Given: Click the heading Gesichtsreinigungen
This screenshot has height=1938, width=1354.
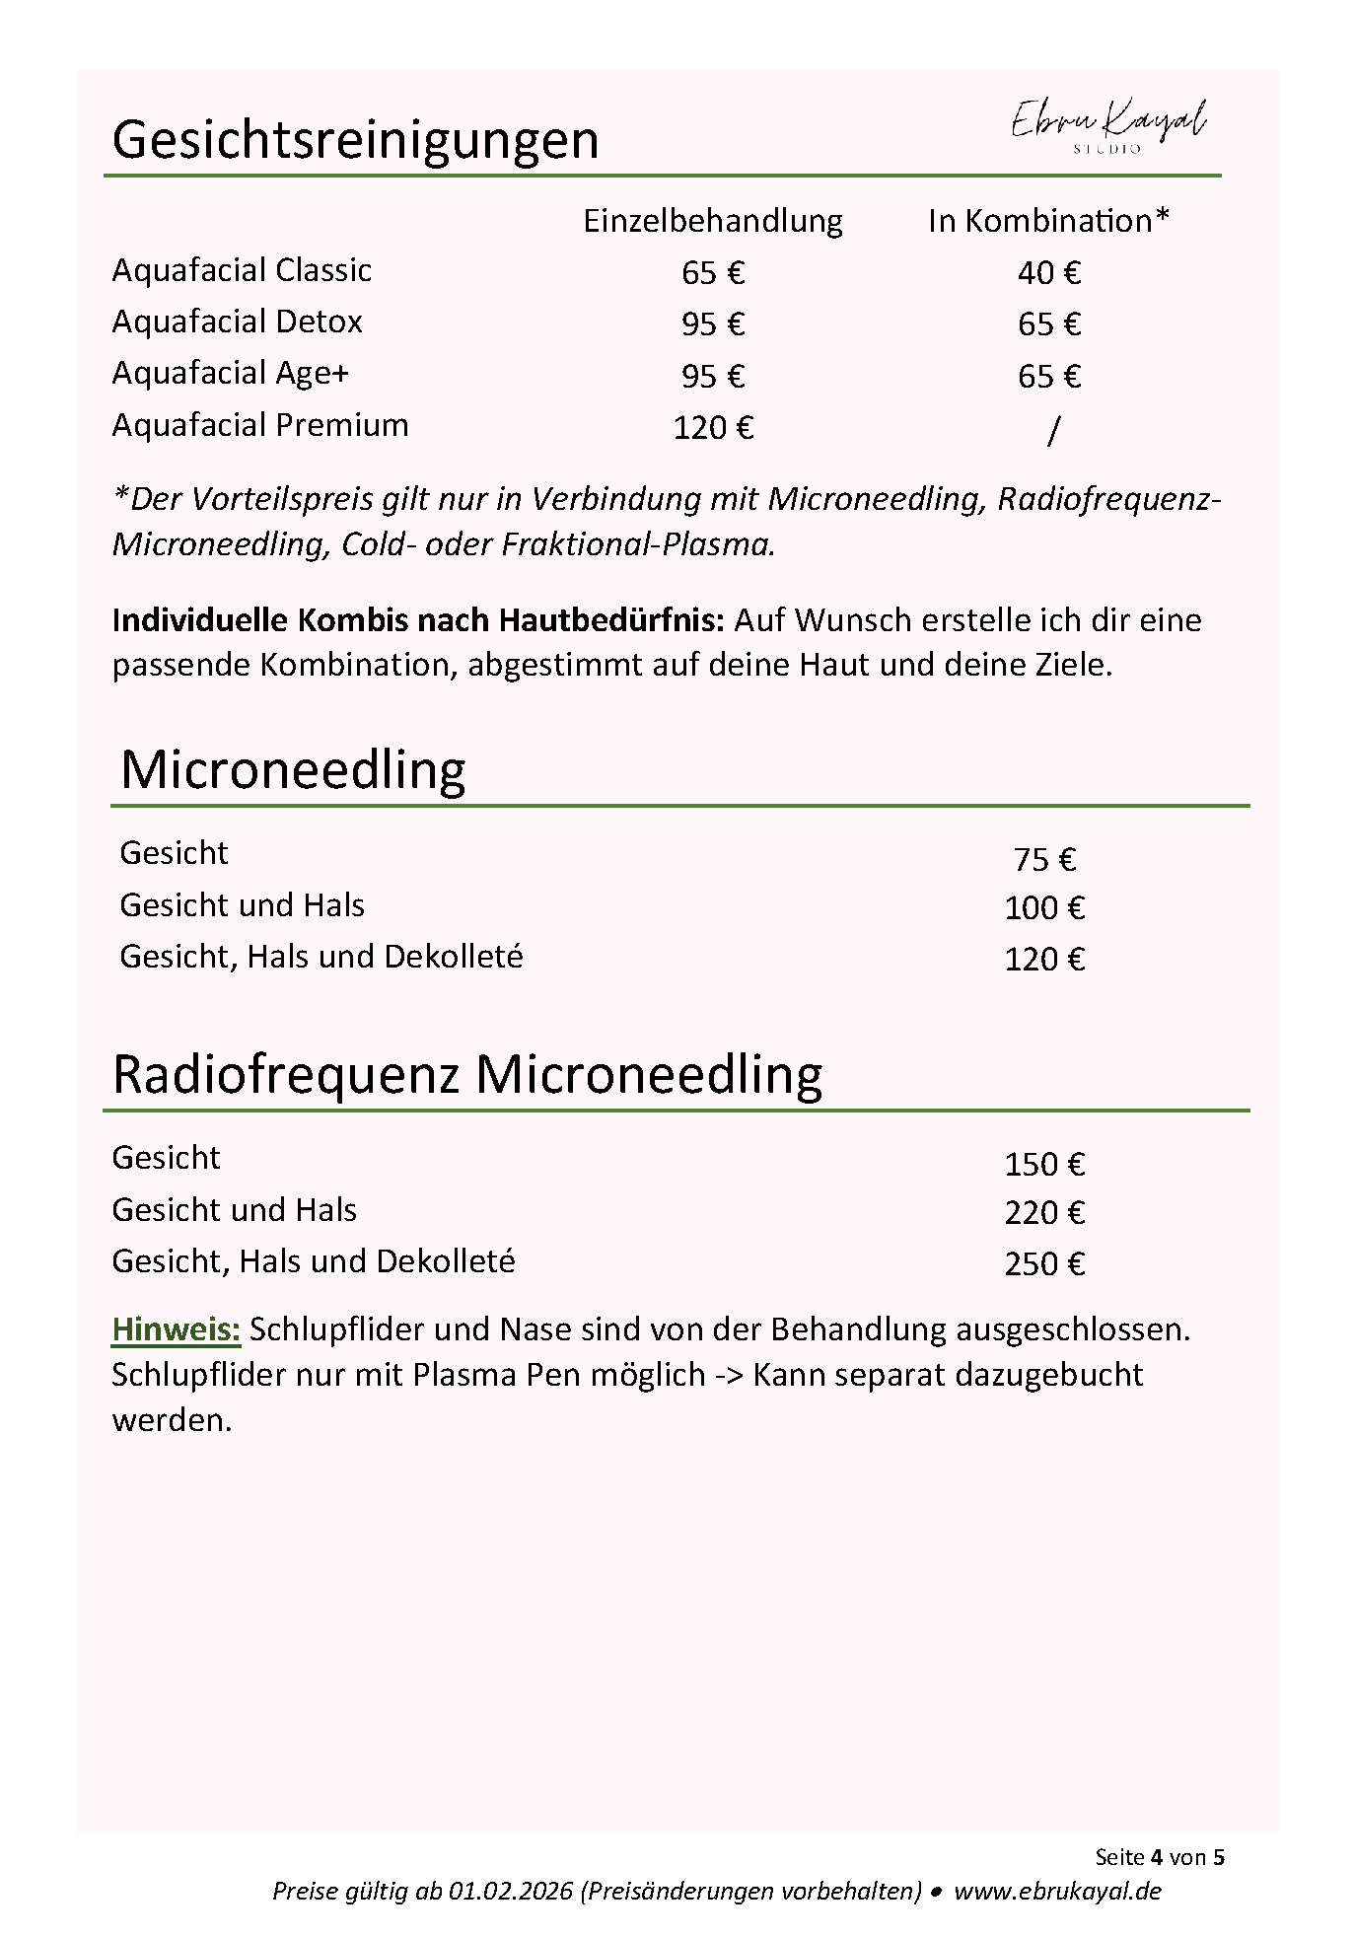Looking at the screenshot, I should (x=355, y=139).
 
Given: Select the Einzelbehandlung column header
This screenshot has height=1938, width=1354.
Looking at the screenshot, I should (x=712, y=221).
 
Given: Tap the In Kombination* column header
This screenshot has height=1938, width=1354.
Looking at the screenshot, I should (x=1047, y=221).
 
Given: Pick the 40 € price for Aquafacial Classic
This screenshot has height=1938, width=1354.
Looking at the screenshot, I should (x=1048, y=273).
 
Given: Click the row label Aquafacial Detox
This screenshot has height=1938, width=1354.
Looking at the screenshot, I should (x=237, y=322).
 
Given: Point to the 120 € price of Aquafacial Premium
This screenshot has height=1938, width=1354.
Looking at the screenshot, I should (x=712, y=428).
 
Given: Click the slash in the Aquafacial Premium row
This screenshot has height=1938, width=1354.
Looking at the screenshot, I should (x=1052, y=430).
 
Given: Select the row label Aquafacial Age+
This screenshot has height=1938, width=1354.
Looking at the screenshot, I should (x=230, y=373).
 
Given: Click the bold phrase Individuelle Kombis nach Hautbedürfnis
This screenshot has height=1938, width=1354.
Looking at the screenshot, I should (x=418, y=620).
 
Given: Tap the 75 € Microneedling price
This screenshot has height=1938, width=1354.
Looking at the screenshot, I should (x=1043, y=860).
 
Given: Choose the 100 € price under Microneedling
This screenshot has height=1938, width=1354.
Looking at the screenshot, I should (x=1043, y=908).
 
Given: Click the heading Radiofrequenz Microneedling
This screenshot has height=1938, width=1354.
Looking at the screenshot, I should (x=466, y=1074).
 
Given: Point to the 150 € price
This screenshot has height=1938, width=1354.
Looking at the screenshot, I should (x=1043, y=1165).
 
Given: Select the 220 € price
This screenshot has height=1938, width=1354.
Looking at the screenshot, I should (x=1043, y=1213).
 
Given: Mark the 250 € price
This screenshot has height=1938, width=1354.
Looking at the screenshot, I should (x=1043, y=1264).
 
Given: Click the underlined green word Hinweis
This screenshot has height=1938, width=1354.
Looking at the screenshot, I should (x=176, y=1329).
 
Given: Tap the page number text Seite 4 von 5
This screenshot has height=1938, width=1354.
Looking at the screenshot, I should (x=1159, y=1857).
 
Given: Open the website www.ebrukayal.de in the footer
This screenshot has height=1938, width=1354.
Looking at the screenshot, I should (x=1057, y=1891).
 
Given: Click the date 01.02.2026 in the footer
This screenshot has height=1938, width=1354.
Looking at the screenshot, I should (x=510, y=1891).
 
